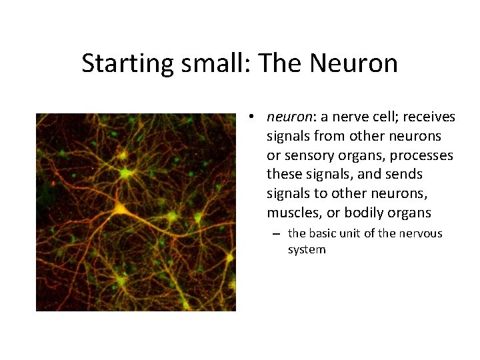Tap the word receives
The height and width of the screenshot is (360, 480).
point(427,117)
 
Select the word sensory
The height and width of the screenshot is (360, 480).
point(305,155)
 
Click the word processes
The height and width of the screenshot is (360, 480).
point(423,155)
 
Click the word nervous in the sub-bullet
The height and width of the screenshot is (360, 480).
point(419,233)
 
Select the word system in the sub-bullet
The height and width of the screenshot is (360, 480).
point(307,249)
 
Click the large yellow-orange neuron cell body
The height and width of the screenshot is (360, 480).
point(120,208)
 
